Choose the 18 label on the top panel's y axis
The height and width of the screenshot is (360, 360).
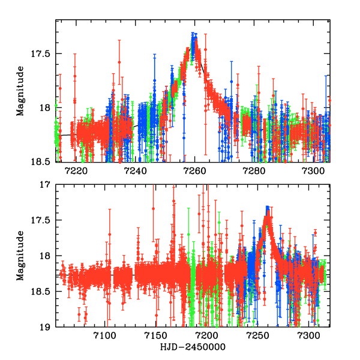point(47,108)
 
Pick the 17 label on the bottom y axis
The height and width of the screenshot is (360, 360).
point(47,185)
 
